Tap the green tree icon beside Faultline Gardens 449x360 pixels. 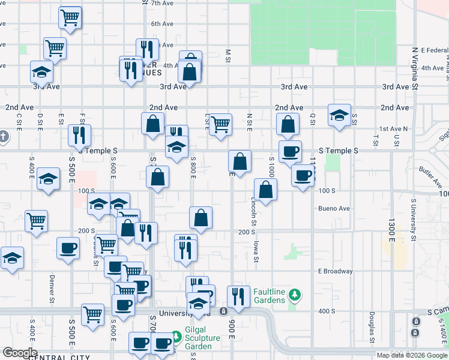(294, 295)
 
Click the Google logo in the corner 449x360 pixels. (20, 353)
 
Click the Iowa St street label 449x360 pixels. (256, 251)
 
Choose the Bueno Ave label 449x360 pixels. (334, 209)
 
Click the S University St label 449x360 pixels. (414, 220)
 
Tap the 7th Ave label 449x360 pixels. (162, 4)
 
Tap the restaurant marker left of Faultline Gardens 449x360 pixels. (238, 296)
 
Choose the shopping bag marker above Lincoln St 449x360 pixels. (265, 190)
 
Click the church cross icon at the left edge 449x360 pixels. (3, 136)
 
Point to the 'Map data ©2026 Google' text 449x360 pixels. (411, 355)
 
